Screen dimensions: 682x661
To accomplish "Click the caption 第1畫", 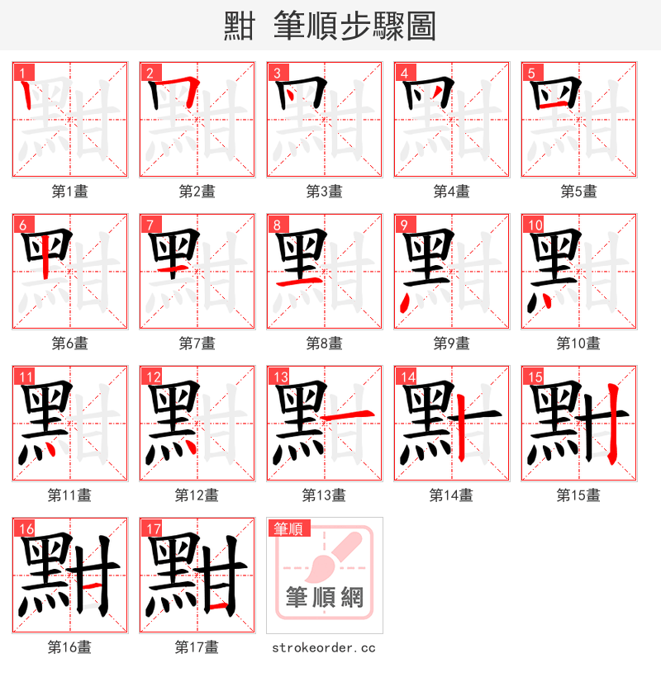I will coord(70,191).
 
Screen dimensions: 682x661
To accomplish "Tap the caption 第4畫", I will coord(452,191).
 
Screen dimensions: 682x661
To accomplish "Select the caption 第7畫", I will coord(197,343).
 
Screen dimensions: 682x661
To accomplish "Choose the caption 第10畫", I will coord(579,343).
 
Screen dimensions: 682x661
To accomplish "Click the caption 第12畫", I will coord(197,495).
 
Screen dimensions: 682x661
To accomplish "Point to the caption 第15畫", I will coord(579,495).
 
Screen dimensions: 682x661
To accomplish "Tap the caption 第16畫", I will coord(70,647).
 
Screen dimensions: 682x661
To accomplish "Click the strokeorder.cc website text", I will coord(324,647).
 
